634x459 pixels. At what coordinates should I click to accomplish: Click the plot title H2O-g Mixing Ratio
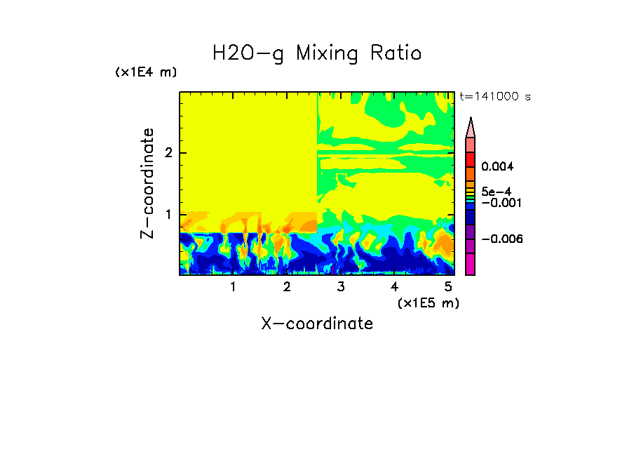(317, 53)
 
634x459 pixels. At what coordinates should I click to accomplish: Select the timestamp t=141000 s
(494, 96)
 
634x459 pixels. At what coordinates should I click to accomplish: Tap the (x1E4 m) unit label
(146, 72)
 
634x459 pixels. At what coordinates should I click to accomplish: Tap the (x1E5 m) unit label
(428, 302)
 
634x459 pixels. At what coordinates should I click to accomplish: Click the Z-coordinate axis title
(147, 183)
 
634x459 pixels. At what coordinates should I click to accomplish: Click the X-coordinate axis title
(317, 324)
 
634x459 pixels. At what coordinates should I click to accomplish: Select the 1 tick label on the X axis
(233, 286)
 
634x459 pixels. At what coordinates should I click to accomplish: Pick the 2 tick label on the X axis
(286, 286)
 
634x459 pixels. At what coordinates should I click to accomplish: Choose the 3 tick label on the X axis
(340, 286)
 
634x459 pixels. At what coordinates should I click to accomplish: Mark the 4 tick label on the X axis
(394, 286)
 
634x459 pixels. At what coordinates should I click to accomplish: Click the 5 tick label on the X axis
(447, 286)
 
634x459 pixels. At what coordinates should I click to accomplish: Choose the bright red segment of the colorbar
(471, 159)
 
